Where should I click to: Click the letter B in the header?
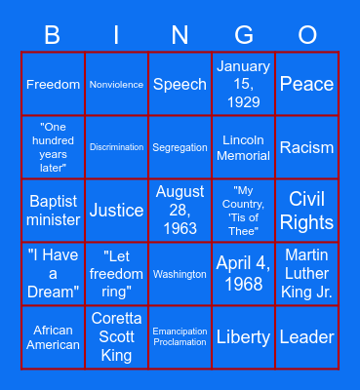click(53, 36)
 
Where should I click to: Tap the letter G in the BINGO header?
click(244, 36)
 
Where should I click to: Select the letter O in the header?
click(307, 36)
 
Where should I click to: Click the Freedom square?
click(53, 84)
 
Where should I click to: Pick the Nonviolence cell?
click(116, 84)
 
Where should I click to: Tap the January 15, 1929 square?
click(244, 84)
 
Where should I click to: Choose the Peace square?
click(307, 84)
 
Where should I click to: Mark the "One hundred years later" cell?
click(53, 147)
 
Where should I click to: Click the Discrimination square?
click(116, 147)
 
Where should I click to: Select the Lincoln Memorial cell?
click(244, 147)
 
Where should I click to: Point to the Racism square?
click(307, 147)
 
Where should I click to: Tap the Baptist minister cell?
click(53, 211)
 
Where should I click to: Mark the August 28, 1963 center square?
click(180, 211)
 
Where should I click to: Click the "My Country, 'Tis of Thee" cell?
click(244, 211)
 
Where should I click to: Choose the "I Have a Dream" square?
click(53, 274)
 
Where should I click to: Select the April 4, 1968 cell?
click(244, 274)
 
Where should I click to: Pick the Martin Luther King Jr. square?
click(307, 274)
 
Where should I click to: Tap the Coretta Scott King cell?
click(116, 337)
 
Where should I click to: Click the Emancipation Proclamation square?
click(180, 337)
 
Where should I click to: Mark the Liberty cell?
click(244, 337)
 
